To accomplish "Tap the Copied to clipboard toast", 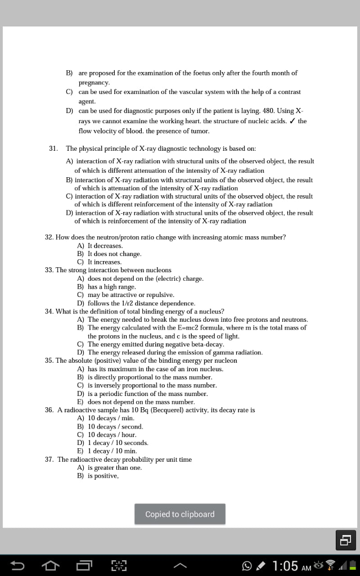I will pyautogui.click(x=180, y=514).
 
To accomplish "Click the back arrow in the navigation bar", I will pyautogui.click(x=17, y=565).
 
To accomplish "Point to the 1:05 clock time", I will pyautogui.click(x=285, y=565).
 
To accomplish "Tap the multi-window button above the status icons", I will pyautogui.click(x=345, y=541).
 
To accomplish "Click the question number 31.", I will pyautogui.click(x=53, y=148).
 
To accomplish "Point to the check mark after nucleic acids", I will pyautogui.click(x=292, y=121).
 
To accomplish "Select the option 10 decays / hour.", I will pyautogui.click(x=112, y=435).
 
